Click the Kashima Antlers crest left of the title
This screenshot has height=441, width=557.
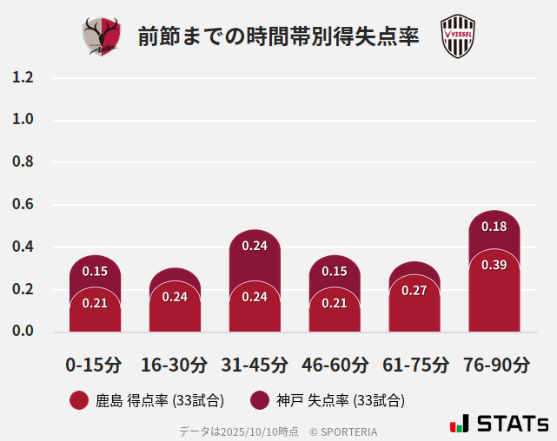pyautogui.click(x=102, y=36)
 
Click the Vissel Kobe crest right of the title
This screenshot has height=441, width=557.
pyautogui.click(x=457, y=36)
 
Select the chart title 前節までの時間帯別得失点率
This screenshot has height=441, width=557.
pyautogui.click(x=278, y=37)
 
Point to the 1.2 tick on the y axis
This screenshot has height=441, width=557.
pyautogui.click(x=23, y=77)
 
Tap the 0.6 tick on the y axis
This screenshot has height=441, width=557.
pyautogui.click(x=23, y=205)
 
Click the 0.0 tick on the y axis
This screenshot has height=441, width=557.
pyautogui.click(x=23, y=332)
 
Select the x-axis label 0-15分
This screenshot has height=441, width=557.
pyautogui.click(x=95, y=365)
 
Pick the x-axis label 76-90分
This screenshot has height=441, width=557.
pyautogui.click(x=494, y=365)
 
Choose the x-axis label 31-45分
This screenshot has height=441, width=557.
pyautogui.click(x=255, y=365)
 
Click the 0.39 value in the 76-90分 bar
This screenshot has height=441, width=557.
pyautogui.click(x=494, y=265)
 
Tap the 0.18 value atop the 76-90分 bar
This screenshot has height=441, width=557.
pyautogui.click(x=494, y=227)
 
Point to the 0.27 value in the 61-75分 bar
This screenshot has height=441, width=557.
pyautogui.click(x=414, y=291)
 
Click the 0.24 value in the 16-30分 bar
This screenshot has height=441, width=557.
pyautogui.click(x=175, y=297)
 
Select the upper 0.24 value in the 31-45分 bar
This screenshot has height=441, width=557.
pyautogui.click(x=255, y=246)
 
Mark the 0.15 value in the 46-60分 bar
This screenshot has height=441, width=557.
pyautogui.click(x=335, y=272)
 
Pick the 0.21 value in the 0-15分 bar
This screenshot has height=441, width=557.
pyautogui.click(x=95, y=303)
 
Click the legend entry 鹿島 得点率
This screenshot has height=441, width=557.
pyautogui.click(x=147, y=400)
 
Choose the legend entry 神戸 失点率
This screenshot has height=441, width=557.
pyautogui.click(x=328, y=400)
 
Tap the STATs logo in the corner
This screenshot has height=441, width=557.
pyautogui.click(x=499, y=424)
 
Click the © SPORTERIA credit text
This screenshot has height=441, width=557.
pyautogui.click(x=343, y=431)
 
